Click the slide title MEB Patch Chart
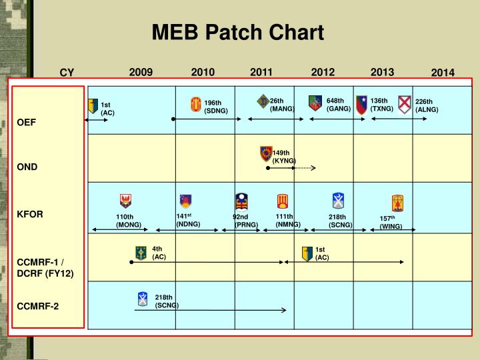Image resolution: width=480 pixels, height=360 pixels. coord(237,32)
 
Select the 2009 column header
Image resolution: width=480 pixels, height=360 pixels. coord(141,72)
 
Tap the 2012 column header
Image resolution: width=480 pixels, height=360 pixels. coord(323,72)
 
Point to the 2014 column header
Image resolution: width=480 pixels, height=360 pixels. coord(442,73)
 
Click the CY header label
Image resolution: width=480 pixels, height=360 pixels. coord(67,73)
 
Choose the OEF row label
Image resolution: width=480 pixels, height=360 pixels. coord(27,123)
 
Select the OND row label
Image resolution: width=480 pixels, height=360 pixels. coord(27,167)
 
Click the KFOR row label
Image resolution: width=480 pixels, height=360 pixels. coord(30,214)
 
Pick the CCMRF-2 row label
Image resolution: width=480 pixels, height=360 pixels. coord(38,306)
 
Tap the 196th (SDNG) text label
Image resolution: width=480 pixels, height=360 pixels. coord(215,107)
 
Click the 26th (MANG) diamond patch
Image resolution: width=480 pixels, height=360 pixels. coord(263,101)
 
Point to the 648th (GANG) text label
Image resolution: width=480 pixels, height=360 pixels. coord(338,105)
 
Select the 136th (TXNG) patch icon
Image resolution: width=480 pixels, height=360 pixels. coord(361,103)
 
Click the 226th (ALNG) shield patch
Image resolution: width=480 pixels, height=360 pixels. coord(405,105)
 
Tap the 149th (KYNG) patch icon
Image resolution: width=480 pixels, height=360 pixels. coord(266,154)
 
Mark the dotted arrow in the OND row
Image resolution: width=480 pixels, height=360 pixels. coord(304,168)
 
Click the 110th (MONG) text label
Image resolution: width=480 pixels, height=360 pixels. coord(128,221)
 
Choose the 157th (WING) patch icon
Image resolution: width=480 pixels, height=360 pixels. coord(397,203)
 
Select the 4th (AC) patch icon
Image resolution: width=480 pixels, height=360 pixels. coord(141,253)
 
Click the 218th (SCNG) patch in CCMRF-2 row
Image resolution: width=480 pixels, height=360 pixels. coord(143,299)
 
